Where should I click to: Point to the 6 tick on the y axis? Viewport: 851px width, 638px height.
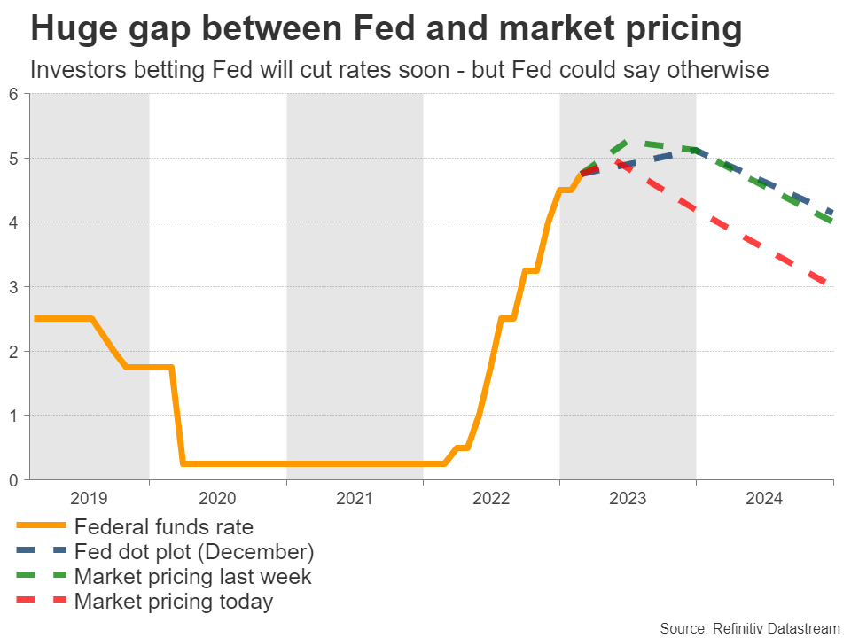click(13, 94)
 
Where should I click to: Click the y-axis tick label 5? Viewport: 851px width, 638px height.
click(13, 159)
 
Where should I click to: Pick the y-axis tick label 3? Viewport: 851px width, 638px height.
click(13, 287)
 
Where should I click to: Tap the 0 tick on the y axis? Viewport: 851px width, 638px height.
click(13, 479)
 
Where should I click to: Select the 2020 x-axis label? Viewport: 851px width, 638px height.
click(217, 499)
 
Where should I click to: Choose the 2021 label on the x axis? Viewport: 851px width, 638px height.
click(355, 499)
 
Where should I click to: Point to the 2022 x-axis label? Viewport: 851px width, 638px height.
click(491, 499)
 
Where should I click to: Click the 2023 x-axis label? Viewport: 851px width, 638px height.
click(628, 499)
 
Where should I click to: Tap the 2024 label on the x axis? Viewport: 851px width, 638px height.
click(764, 499)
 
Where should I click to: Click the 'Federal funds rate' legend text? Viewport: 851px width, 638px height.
click(164, 527)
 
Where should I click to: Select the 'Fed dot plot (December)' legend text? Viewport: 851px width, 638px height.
click(194, 552)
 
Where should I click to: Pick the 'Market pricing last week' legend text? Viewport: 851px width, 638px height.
click(193, 577)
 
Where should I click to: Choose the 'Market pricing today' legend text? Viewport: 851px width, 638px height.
click(174, 602)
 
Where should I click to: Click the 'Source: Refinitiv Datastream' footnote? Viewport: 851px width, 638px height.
click(749, 627)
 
